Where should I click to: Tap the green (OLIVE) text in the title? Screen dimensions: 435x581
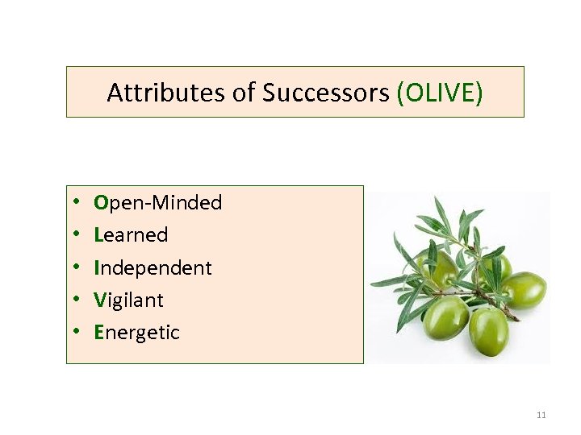click(440, 93)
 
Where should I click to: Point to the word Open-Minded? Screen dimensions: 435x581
click(158, 203)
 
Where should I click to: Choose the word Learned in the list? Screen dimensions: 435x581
click(131, 235)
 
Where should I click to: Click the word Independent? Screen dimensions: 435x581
click(153, 267)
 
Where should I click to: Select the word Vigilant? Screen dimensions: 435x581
click(129, 300)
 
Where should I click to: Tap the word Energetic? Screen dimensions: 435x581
click(137, 332)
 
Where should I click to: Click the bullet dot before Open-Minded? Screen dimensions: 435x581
click(74, 203)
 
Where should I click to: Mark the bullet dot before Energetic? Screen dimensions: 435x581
click(74, 332)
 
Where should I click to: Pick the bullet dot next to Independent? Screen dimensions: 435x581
click(74, 267)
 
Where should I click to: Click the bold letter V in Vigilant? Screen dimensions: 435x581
click(100, 300)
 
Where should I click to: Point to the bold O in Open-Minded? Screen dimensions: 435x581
click(101, 203)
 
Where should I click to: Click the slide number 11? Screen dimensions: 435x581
click(541, 415)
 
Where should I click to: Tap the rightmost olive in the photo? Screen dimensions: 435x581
click(525, 290)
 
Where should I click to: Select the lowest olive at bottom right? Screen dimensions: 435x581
click(489, 329)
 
